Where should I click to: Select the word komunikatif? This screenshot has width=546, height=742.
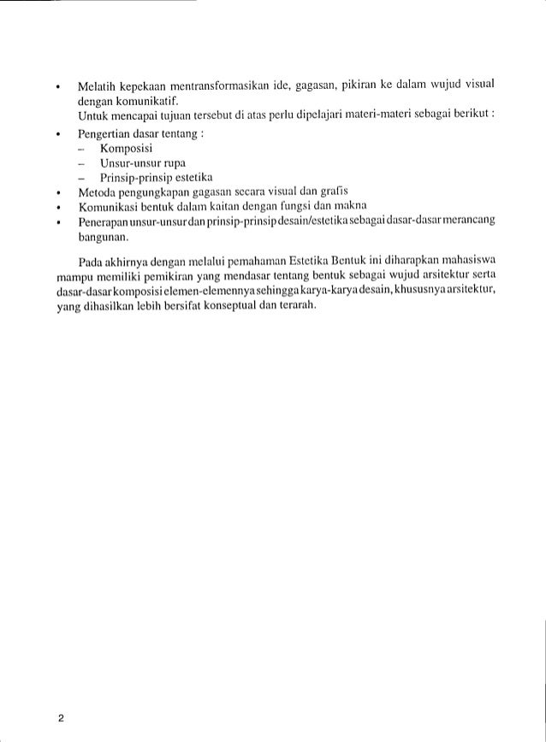pyautogui.click(x=143, y=102)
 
